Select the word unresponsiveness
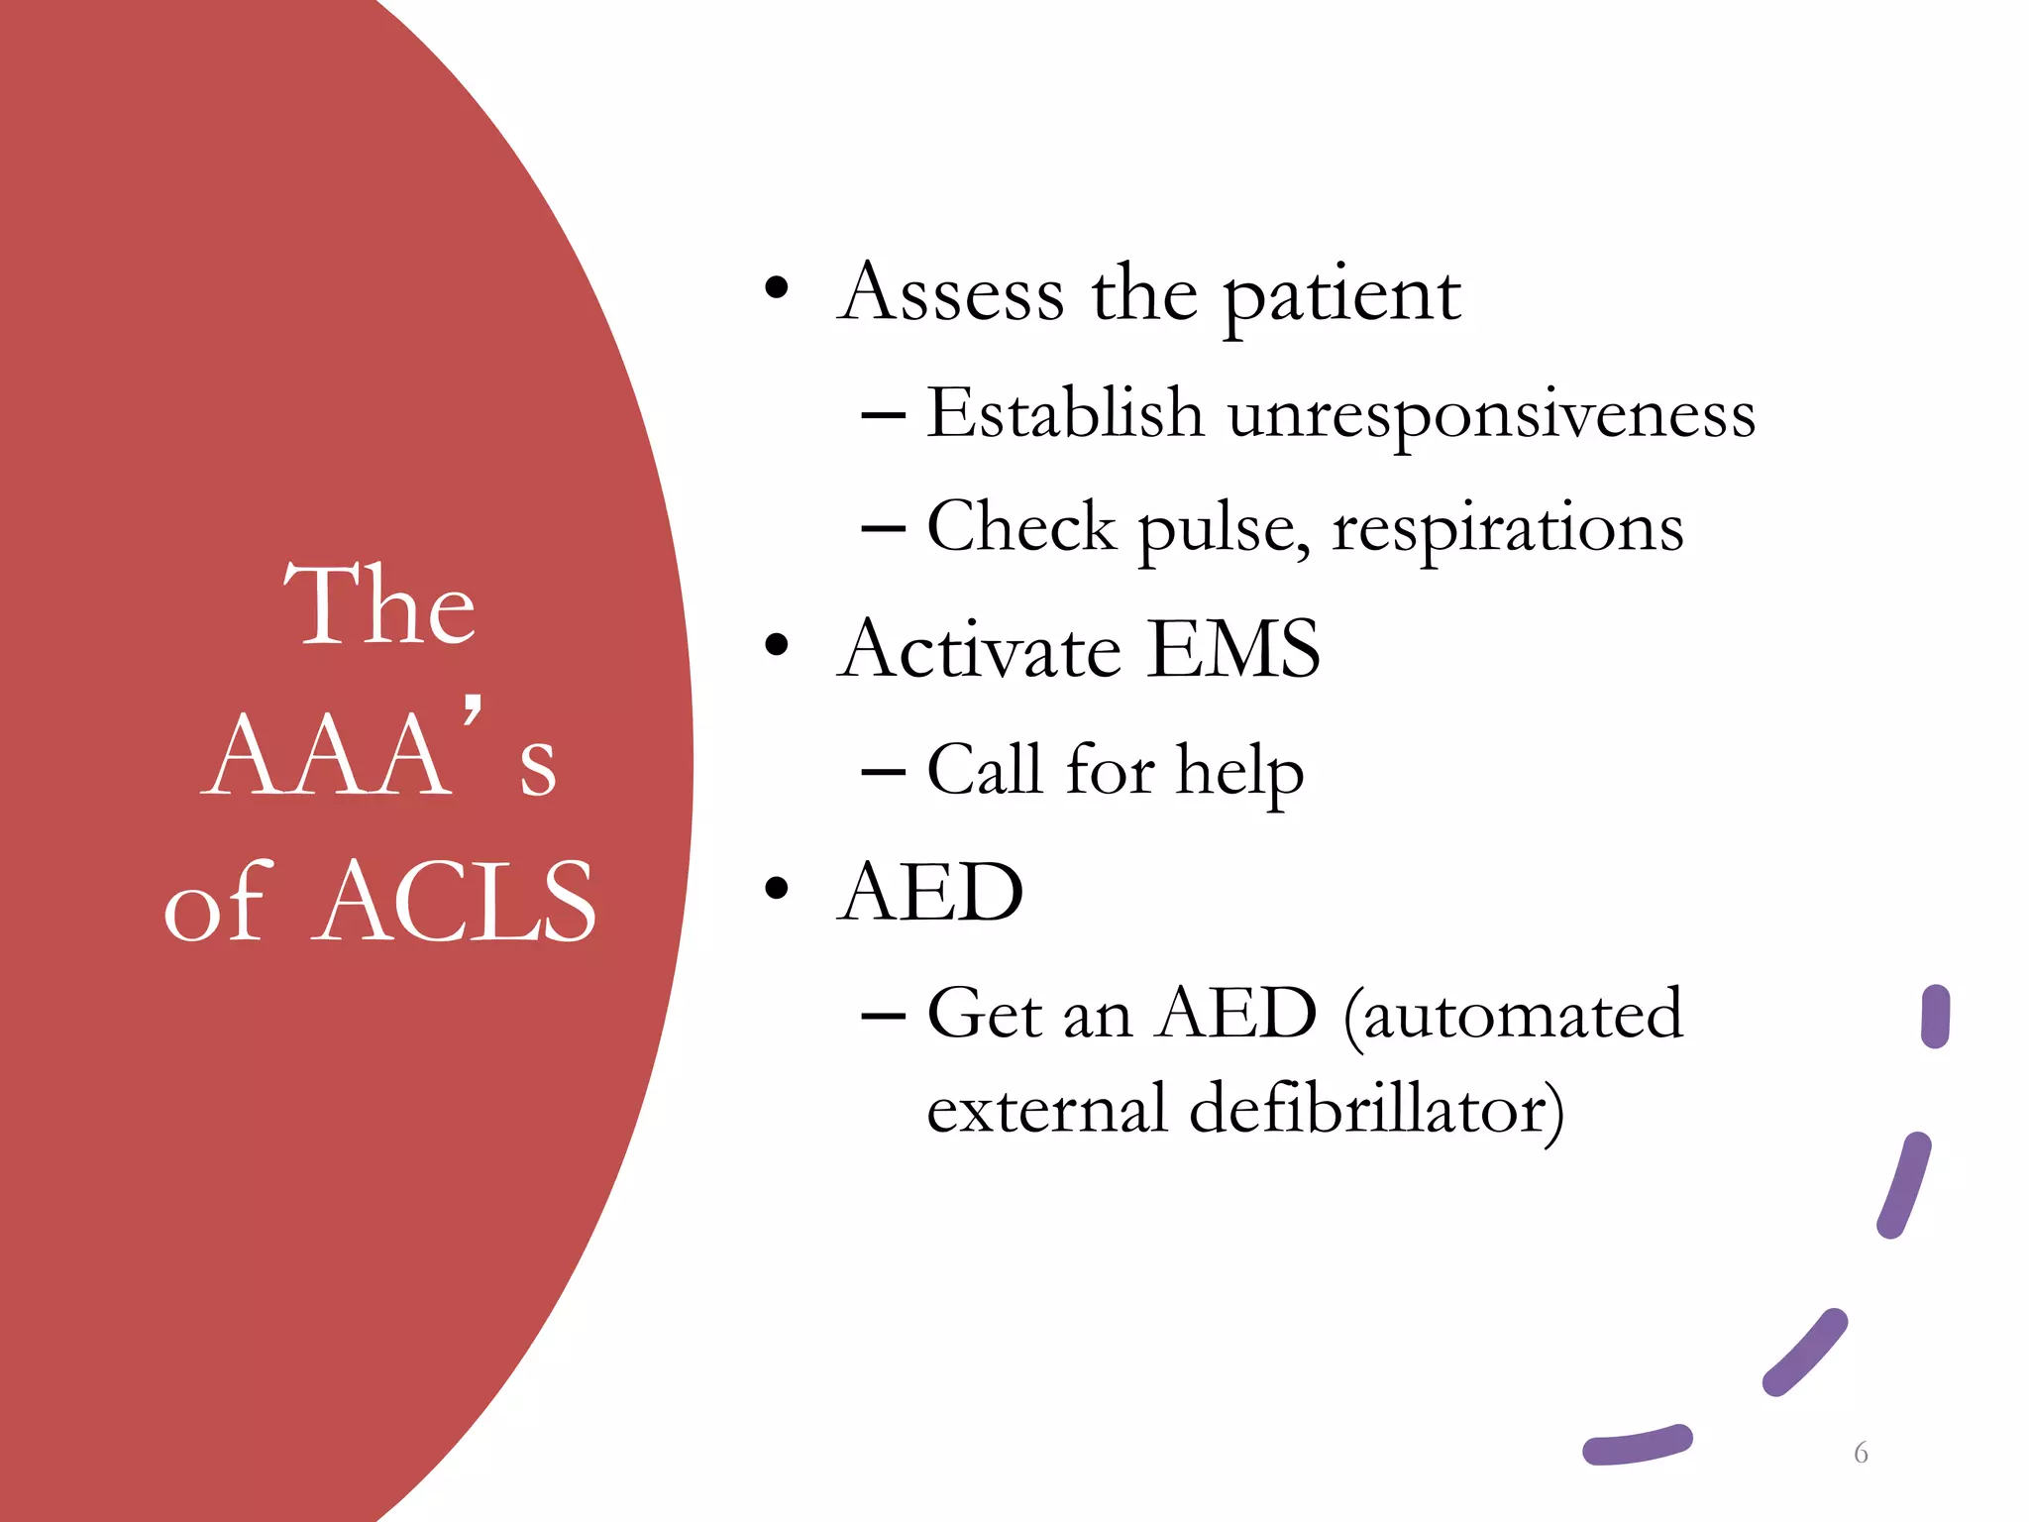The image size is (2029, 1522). [x=1491, y=414]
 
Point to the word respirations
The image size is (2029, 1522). [x=1507, y=529]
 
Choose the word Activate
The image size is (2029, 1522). [x=980, y=650]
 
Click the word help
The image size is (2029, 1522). [x=1239, y=771]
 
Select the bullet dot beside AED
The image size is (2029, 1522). [x=777, y=889]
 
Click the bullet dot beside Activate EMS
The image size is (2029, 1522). [x=777, y=646]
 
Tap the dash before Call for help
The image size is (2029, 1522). [x=883, y=771]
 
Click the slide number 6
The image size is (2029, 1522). [x=1861, y=1453]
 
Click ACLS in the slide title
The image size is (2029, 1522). [x=458, y=902]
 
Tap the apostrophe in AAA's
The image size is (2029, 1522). [x=473, y=711]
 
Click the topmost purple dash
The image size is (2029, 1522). [x=1935, y=1017]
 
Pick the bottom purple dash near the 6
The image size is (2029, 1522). [x=1637, y=1445]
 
